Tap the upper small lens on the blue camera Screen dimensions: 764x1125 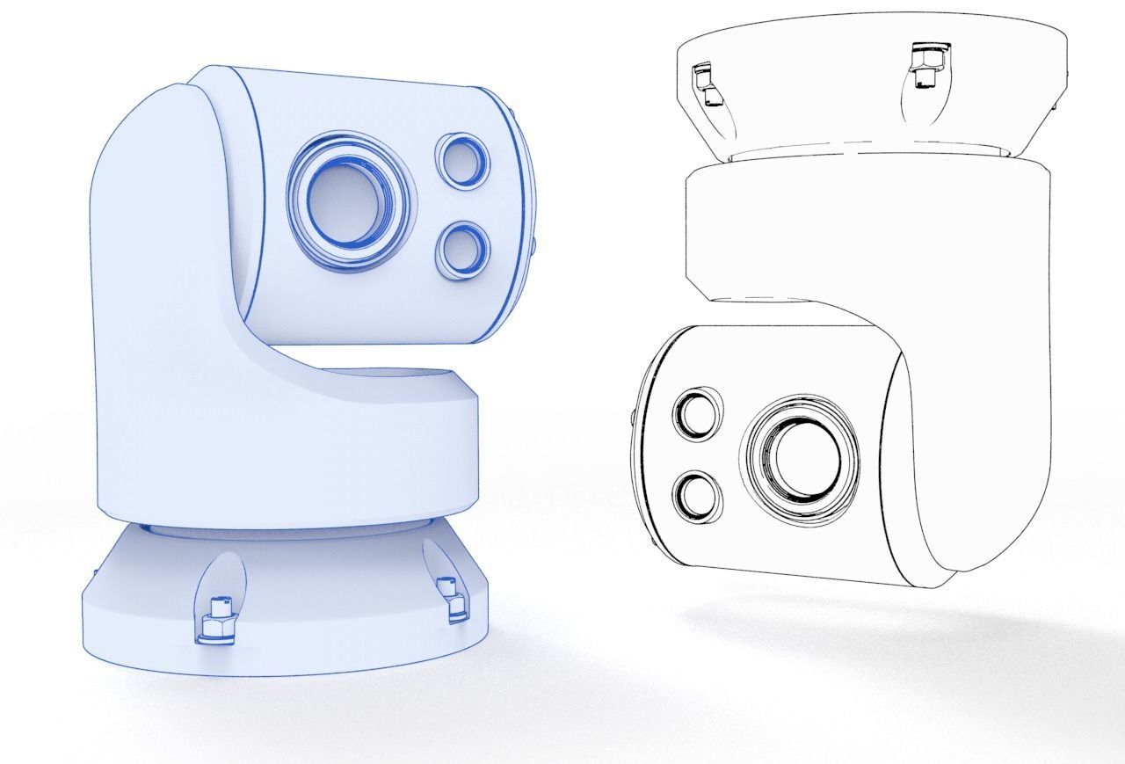point(461,160)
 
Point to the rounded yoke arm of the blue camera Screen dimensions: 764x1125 point(158,264)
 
